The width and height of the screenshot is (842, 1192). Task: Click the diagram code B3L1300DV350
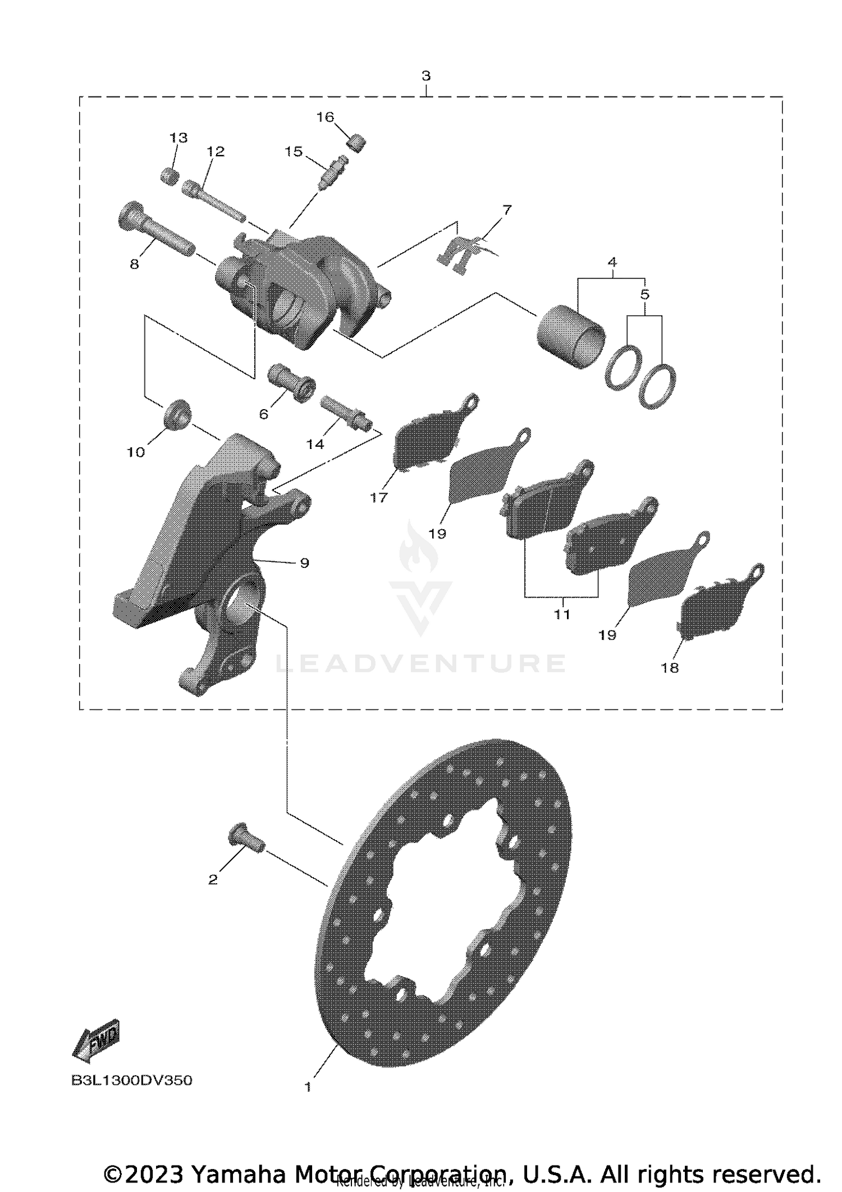[131, 1080]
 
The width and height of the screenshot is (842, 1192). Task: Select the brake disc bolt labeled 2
[246, 840]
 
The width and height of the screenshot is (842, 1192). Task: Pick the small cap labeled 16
[356, 144]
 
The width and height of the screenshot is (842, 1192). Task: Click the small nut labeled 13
[170, 176]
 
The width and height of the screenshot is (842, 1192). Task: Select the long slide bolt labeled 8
[154, 230]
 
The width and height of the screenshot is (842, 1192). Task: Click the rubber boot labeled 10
[179, 415]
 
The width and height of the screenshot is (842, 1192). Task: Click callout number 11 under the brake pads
[562, 614]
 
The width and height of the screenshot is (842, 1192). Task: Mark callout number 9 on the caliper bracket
[304, 563]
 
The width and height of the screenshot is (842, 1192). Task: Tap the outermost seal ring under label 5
[658, 386]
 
